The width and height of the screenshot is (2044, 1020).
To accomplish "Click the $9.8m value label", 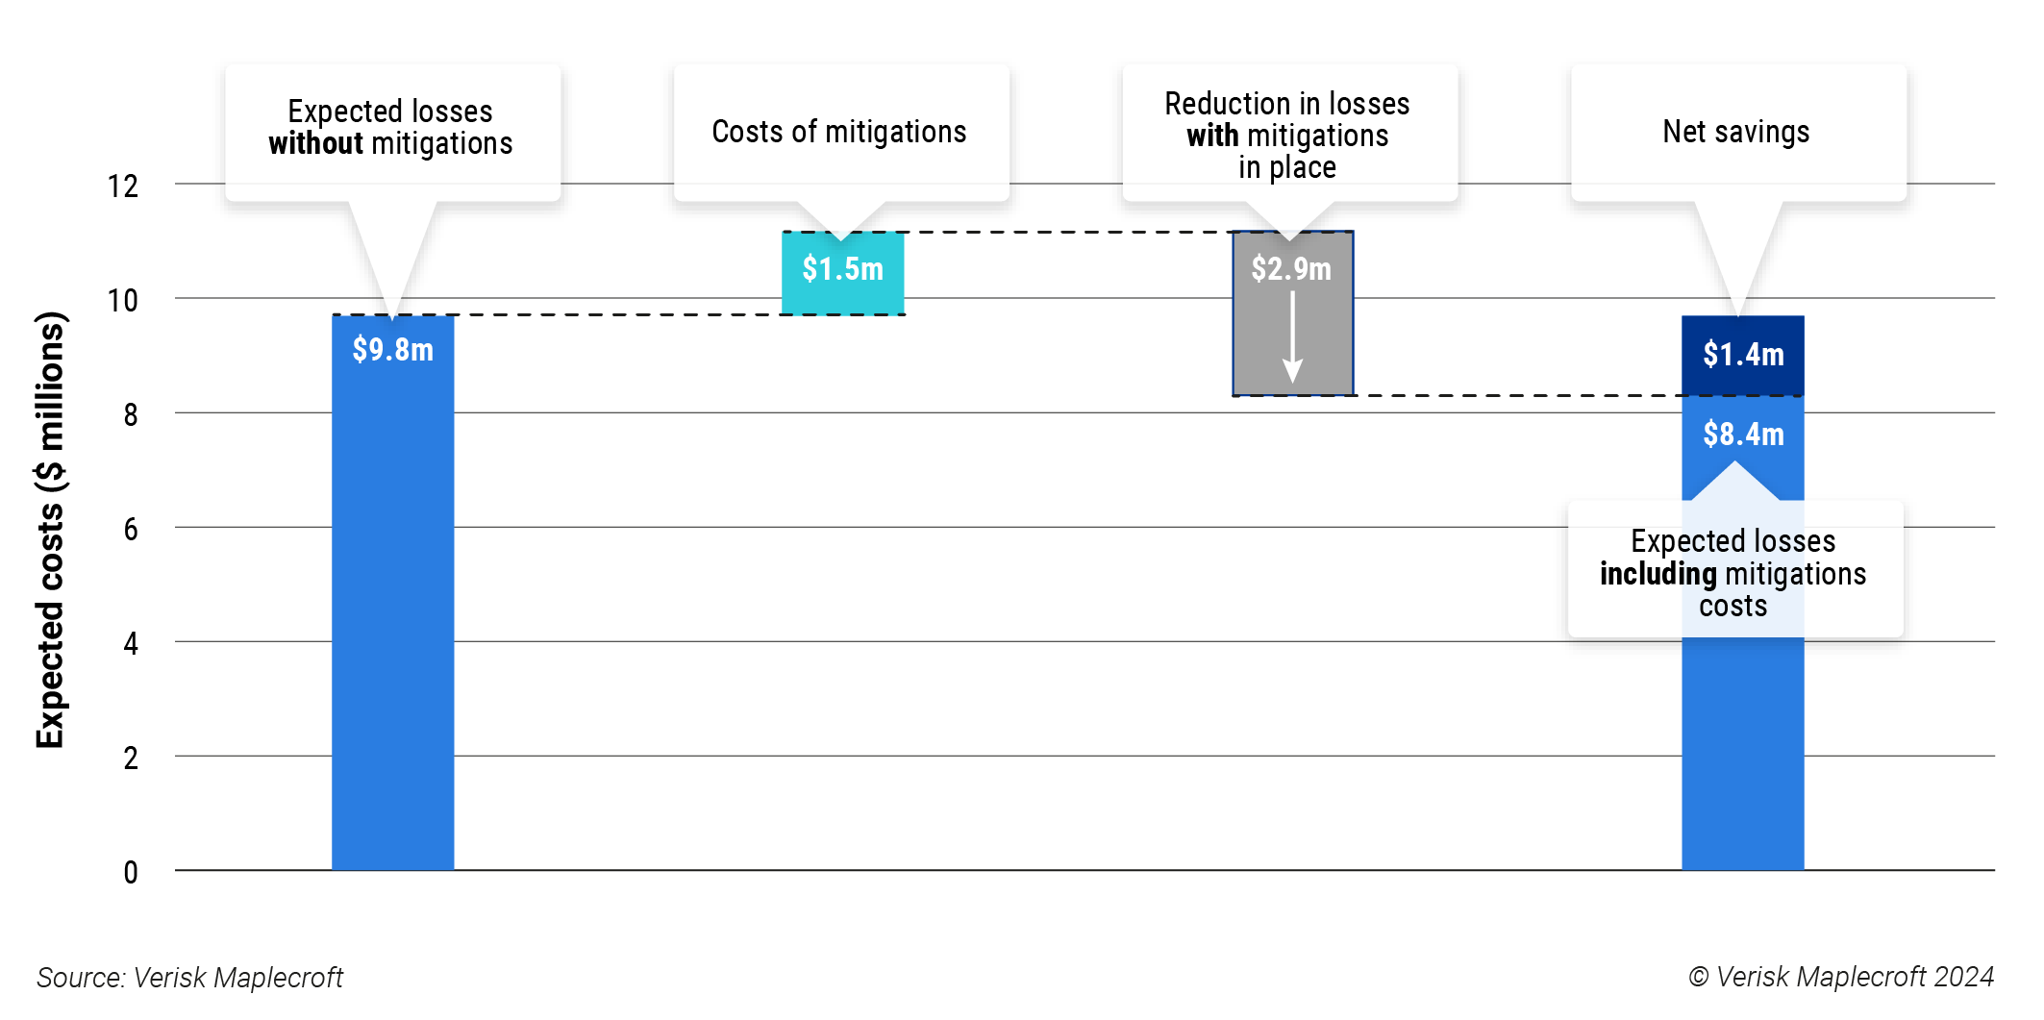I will pyautogui.click(x=392, y=349).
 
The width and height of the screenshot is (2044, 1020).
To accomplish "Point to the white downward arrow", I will pyautogui.click(x=1293, y=336).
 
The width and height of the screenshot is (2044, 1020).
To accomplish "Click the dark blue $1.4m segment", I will pyautogui.click(x=1742, y=355).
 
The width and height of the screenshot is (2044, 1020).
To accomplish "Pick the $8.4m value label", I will pyautogui.click(x=1742, y=435).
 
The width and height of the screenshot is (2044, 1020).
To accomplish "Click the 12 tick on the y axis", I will pyautogui.click(x=123, y=187).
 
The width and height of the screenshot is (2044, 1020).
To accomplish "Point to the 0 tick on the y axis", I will pyautogui.click(x=131, y=873).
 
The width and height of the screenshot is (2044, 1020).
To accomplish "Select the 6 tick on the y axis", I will pyautogui.click(x=131, y=530).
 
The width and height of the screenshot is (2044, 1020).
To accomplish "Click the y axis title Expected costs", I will pyautogui.click(x=50, y=529).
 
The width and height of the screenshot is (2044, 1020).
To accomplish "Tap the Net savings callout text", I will pyautogui.click(x=1736, y=132).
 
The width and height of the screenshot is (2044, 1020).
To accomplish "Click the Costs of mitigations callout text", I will pyautogui.click(x=839, y=132).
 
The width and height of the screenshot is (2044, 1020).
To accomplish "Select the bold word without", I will pyautogui.click(x=315, y=144).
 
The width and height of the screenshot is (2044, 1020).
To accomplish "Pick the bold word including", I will pyautogui.click(x=1658, y=574).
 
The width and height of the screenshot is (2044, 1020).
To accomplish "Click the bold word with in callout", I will pyautogui.click(x=1212, y=137).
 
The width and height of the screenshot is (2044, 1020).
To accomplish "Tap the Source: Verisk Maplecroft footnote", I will pyautogui.click(x=189, y=978).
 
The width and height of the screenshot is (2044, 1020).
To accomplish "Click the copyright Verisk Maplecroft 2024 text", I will pyautogui.click(x=1841, y=977).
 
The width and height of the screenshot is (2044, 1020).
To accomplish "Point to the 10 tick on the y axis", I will pyautogui.click(x=123, y=301).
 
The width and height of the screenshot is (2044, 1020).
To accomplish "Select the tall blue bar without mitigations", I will pyautogui.click(x=392, y=625).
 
